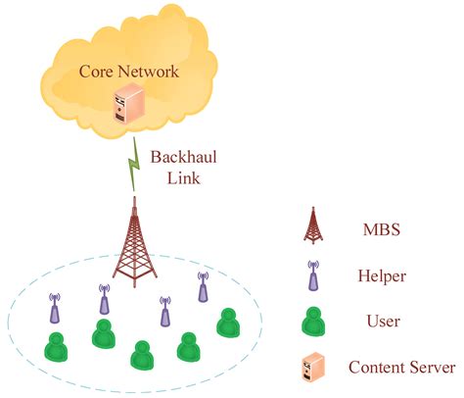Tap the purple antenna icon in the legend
coord(311,277)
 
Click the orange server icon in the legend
coord(311,367)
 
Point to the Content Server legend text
coord(401,368)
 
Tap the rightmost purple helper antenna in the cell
coord(203,286)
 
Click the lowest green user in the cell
coord(142,355)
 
